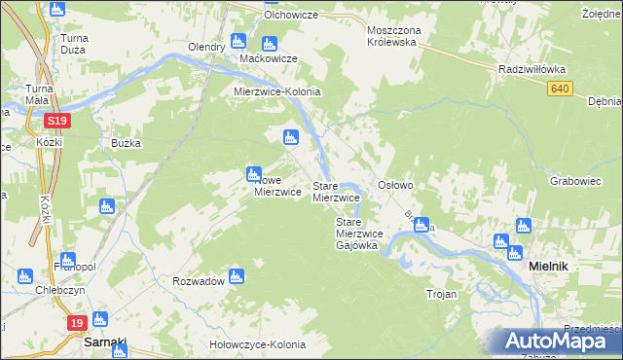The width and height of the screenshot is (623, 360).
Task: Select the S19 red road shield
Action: click(x=55, y=121)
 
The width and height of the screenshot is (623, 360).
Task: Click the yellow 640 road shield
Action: click(x=558, y=89)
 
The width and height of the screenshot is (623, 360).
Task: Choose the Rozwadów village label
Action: click(x=199, y=280)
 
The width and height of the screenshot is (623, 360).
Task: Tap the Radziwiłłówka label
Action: click(x=531, y=70)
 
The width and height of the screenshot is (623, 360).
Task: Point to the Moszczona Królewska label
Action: click(x=392, y=36)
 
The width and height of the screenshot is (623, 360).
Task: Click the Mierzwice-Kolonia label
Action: click(x=277, y=91)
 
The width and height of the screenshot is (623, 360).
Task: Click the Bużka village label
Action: click(x=126, y=143)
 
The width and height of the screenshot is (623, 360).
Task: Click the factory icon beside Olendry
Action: click(x=238, y=42)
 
